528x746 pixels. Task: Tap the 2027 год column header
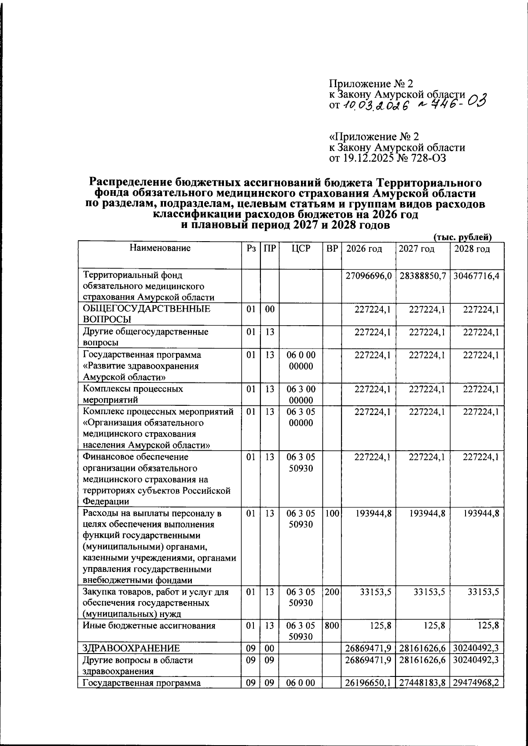pyautogui.click(x=416, y=249)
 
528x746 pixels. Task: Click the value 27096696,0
pyautogui.click(x=368, y=276)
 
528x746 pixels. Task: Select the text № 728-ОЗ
pyautogui.click(x=422, y=158)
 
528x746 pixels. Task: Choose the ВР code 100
pyautogui.click(x=332, y=514)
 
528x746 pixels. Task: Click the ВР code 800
pyautogui.click(x=332, y=625)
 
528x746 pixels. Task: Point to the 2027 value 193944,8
pyautogui.click(x=426, y=514)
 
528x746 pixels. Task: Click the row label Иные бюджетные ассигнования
pyautogui.click(x=149, y=625)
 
